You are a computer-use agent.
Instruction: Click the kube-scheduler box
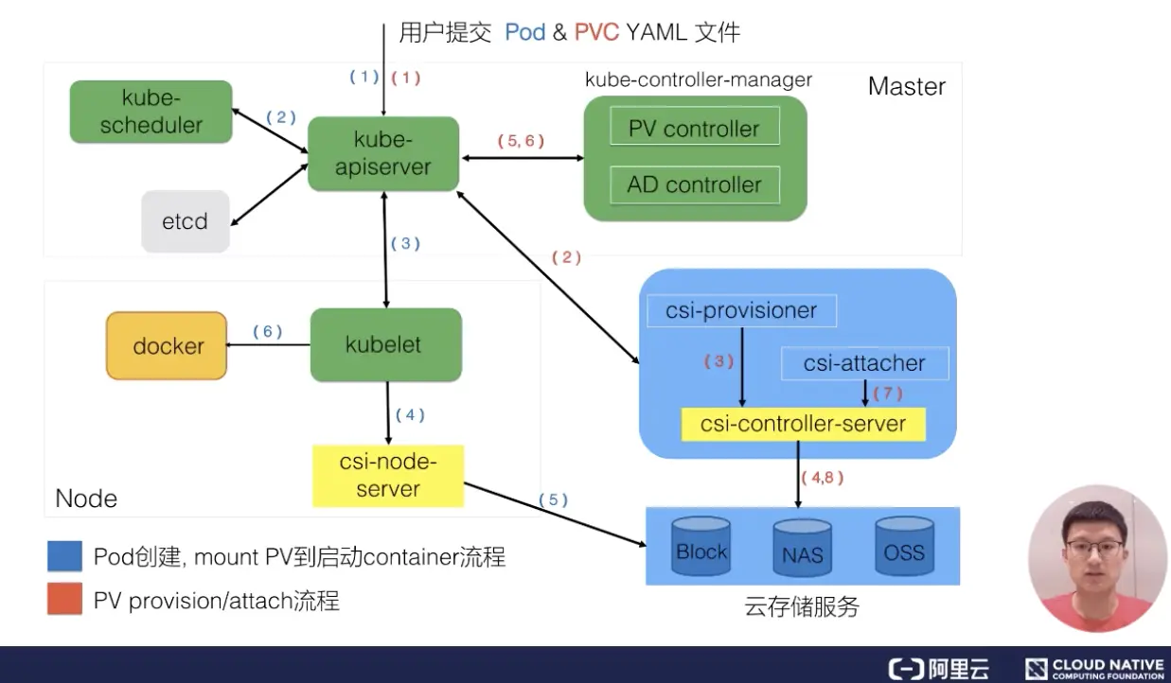click(x=151, y=112)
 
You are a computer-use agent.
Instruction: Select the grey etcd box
click(x=185, y=221)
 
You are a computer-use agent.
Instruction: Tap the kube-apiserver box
click(x=383, y=153)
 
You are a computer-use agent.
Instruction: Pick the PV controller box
click(x=695, y=126)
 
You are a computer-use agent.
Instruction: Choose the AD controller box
click(x=695, y=184)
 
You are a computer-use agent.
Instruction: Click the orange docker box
click(x=167, y=345)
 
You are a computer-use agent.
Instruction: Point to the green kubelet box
click(x=386, y=344)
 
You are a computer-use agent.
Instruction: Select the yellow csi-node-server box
click(x=388, y=476)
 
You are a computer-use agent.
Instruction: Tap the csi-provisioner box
click(x=741, y=310)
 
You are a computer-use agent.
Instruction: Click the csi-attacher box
click(x=864, y=363)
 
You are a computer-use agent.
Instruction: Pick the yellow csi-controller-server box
click(x=803, y=424)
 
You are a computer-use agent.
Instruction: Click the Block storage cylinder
click(x=701, y=546)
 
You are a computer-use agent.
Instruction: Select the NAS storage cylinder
click(x=803, y=548)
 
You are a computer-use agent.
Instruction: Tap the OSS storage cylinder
click(x=904, y=546)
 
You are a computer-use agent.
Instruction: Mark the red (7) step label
click(x=888, y=393)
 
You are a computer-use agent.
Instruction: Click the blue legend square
click(x=64, y=556)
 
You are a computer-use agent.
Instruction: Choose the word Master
click(x=907, y=86)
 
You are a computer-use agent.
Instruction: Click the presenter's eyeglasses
click(x=1094, y=548)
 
